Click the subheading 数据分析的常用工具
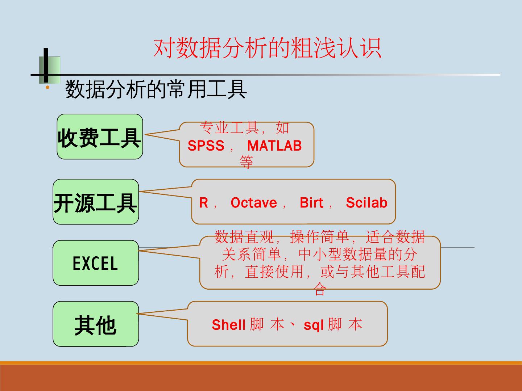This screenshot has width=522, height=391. coord(156,89)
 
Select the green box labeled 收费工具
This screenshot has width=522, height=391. coord(100,137)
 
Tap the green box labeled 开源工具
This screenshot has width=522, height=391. coord(96,202)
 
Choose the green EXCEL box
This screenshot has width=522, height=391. coord(96,263)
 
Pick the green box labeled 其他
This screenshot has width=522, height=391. coord(96,324)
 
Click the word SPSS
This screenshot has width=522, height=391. coord(206,146)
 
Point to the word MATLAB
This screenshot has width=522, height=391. coord(274,146)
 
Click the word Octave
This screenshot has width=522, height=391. coord(254,203)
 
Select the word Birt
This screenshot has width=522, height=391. coord(311,203)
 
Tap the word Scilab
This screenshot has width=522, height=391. coord(366,203)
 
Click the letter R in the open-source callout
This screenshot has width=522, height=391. coord(204,203)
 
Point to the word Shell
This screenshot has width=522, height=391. coord(229,325)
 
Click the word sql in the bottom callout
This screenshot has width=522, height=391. coord(314,325)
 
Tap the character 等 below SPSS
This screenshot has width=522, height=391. coord(246,162)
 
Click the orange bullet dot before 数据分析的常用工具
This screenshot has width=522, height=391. coord(47,88)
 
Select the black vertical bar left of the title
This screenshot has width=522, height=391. coord(46,65)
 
